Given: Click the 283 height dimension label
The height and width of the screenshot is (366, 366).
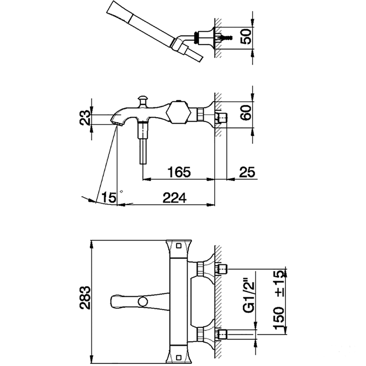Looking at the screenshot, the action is pos(85,298).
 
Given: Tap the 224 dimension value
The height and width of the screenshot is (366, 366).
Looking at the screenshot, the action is pos(174,198).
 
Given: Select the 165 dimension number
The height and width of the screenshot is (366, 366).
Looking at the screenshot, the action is pos(179,172).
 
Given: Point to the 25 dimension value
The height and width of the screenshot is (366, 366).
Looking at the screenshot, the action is pos(247,172).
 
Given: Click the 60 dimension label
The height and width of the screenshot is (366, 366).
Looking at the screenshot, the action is pos(247,113).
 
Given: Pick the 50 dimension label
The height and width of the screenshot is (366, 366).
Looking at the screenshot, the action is pos(247,36).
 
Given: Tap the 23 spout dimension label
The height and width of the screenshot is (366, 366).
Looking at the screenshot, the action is pos(85,118).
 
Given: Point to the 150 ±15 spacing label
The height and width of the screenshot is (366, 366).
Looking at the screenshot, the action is pos(279,300).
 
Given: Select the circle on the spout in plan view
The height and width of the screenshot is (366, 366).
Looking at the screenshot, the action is pos(143,302).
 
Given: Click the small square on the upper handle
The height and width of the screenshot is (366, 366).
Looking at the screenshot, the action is pos(179,246).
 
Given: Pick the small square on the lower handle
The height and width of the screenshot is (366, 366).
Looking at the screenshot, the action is pos(178,357).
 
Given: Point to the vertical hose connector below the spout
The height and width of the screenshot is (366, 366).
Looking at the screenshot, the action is pos(143,143).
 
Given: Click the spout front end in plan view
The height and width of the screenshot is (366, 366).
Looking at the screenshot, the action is pos(112,301).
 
